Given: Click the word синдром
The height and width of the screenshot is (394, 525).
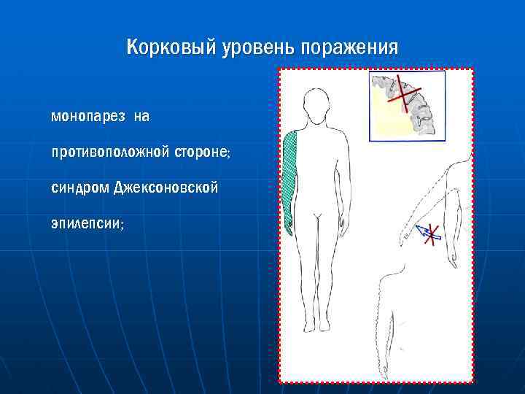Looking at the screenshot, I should pos(80,188).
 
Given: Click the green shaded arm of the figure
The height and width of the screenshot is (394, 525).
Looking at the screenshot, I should pos(289,175).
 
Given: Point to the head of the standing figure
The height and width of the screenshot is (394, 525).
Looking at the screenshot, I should pos(316,105).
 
